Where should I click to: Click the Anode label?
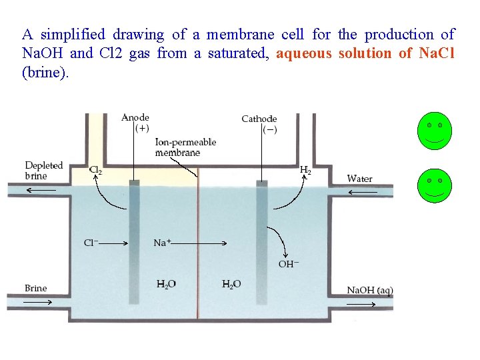(135, 118)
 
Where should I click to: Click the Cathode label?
(259, 119)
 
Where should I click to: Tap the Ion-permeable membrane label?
(185, 147)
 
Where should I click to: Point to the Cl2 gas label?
(96, 171)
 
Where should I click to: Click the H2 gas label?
(305, 171)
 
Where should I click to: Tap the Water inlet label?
(360, 179)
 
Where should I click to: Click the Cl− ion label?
(92, 243)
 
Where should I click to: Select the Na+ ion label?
(163, 243)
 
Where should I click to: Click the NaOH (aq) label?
(370, 290)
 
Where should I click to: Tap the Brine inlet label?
(36, 288)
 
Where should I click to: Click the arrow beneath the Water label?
(363, 192)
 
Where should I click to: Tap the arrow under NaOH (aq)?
(361, 304)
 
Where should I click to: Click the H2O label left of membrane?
(167, 285)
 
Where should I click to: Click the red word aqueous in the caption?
(303, 53)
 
